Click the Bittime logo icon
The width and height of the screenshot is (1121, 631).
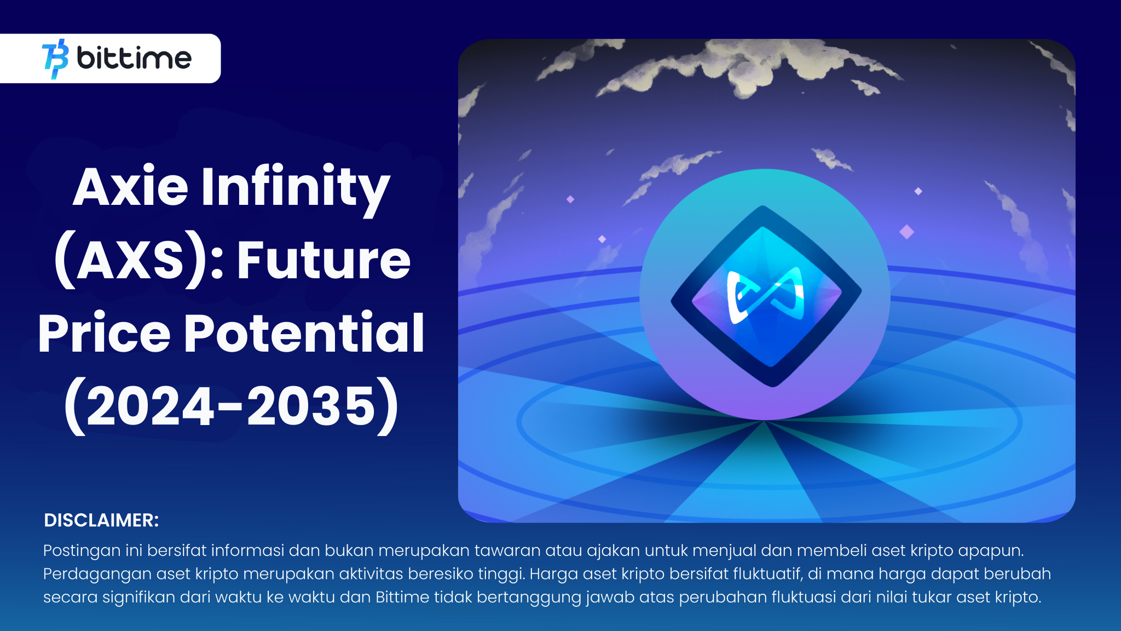[55, 59]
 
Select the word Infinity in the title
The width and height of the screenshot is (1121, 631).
[296, 190]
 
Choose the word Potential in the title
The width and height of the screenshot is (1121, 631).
[304, 332]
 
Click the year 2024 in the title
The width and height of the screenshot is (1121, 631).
[151, 406]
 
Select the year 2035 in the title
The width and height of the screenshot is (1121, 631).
[311, 406]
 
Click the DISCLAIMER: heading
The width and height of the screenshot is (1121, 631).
[101, 520]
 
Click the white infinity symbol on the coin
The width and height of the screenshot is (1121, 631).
[766, 296]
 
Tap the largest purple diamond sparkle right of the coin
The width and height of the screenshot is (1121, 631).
[907, 232]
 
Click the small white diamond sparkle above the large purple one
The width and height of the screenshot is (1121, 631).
[918, 191]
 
